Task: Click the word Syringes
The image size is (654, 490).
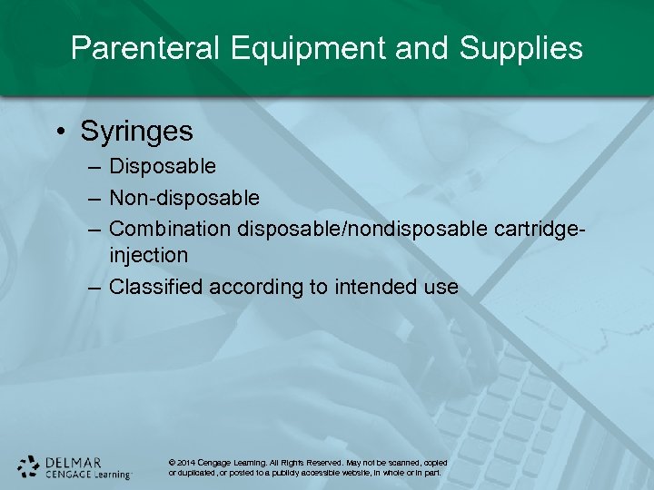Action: pos(136,132)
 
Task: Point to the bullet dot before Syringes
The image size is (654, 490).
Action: pos(59,132)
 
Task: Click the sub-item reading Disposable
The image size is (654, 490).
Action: pos(163,166)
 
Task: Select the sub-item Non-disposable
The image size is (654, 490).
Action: pos(183,197)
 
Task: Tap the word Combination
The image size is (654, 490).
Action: pos(170,227)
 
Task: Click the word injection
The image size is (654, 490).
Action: pos(148,256)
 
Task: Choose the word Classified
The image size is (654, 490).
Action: pos(155,287)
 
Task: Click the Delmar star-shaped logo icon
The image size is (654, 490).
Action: pos(29,465)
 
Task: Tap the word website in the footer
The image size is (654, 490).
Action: pos(360,473)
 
